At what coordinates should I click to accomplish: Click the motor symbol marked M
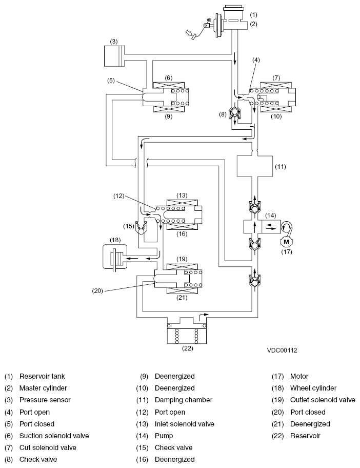pyautogui.click(x=286, y=242)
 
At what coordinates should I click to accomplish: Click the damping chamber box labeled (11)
pyautogui.click(x=255, y=166)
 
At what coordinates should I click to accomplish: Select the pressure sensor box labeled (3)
pyautogui.click(x=114, y=56)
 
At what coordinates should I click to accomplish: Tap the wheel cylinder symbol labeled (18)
pyautogui.click(x=114, y=257)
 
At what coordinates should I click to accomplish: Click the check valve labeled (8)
pyautogui.click(x=235, y=113)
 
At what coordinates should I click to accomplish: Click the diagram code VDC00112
pyautogui.click(x=282, y=350)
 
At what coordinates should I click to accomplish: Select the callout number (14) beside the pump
pyautogui.click(x=271, y=215)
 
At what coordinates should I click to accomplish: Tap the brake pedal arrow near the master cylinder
pyautogui.click(x=190, y=34)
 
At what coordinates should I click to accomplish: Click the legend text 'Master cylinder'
pyautogui.click(x=43, y=388)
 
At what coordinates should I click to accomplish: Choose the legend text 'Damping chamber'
pyautogui.click(x=184, y=400)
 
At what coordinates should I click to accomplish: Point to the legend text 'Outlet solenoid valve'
pyautogui.click(x=323, y=400)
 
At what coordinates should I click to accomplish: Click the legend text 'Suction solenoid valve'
pyautogui.click(x=54, y=436)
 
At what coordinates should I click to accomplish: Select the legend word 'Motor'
pyautogui.click(x=299, y=376)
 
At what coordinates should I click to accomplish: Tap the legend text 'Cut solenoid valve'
pyautogui.click(x=48, y=447)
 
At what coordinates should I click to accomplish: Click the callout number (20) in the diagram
pyautogui.click(x=97, y=291)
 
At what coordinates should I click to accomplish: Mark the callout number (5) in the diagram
pyautogui.click(x=111, y=81)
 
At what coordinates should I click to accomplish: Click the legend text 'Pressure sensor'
pyautogui.click(x=45, y=400)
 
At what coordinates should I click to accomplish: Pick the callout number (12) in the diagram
pyautogui.click(x=118, y=196)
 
